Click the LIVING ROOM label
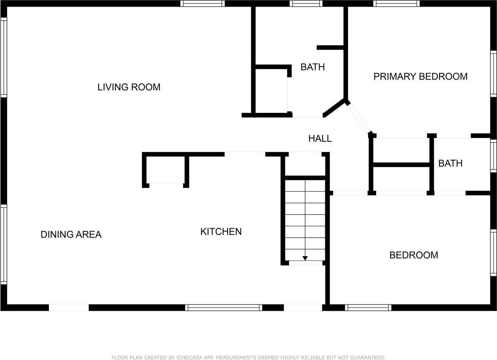tap(129, 87)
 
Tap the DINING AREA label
tap(71, 234)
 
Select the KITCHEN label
tap(221, 232)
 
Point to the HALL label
tap(320, 139)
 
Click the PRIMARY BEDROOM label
tap(421, 76)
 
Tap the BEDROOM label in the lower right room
tap(414, 255)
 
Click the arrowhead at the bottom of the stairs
tap(305, 258)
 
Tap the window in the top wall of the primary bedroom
tap(396, 4)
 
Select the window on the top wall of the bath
tap(306, 4)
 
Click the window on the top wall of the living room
tap(202, 4)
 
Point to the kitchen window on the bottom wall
tap(223, 307)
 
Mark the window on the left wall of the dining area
tap(4, 245)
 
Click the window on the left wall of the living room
tap(4, 57)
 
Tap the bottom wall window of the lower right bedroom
tap(368, 307)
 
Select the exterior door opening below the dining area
tap(69, 307)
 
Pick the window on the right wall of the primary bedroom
tap(493, 74)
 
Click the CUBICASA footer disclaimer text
tap(248, 358)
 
